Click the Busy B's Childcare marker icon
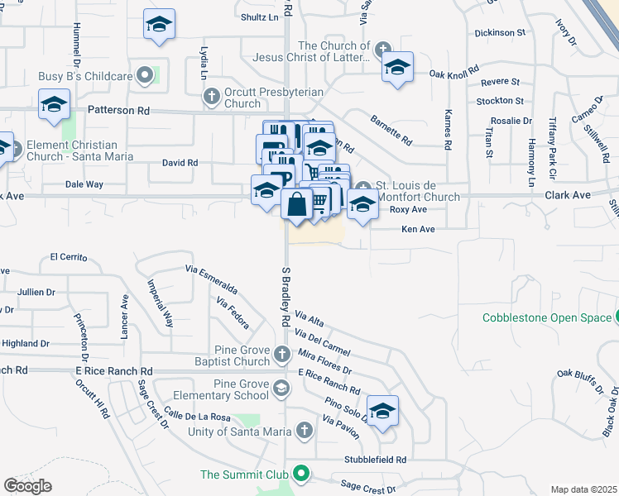(x=146, y=76)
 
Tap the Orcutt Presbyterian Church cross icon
(x=211, y=98)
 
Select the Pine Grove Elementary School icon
(x=281, y=388)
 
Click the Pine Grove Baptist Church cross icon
(x=281, y=355)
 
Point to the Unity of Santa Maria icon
(x=305, y=431)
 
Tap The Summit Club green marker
(x=302, y=475)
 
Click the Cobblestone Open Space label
(x=547, y=317)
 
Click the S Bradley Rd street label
(x=286, y=296)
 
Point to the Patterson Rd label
(x=118, y=109)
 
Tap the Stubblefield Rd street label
(x=377, y=460)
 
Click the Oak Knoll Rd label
(x=454, y=74)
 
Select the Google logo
(x=27, y=486)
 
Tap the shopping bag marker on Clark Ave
(x=296, y=203)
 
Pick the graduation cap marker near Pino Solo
(x=382, y=410)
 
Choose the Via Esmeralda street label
(x=211, y=280)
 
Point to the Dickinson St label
(x=500, y=33)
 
